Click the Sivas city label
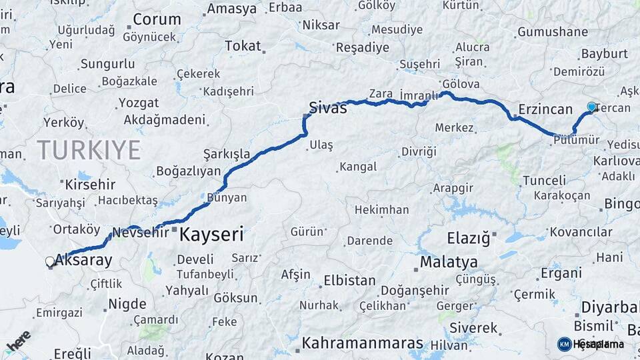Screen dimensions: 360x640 [328, 107]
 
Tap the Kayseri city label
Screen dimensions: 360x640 [211, 235]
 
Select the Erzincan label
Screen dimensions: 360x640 [545, 109]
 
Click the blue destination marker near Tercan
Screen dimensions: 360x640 [591, 107]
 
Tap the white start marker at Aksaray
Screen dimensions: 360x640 [50, 261]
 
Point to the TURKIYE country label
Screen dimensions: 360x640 [89, 149]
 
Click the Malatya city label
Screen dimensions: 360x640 [449, 261]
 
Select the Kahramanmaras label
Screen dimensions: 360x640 [363, 343]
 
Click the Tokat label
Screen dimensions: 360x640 [243, 45]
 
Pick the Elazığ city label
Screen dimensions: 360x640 [468, 237]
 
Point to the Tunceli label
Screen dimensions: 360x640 [544, 181]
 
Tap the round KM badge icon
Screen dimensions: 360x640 [564, 344]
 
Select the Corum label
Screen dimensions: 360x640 [157, 19]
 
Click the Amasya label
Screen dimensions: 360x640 [231, 9]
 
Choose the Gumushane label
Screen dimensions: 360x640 [553, 31]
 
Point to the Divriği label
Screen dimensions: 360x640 [418, 151]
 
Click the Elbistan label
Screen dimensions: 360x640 [349, 280]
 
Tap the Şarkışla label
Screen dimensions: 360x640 [227, 154]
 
